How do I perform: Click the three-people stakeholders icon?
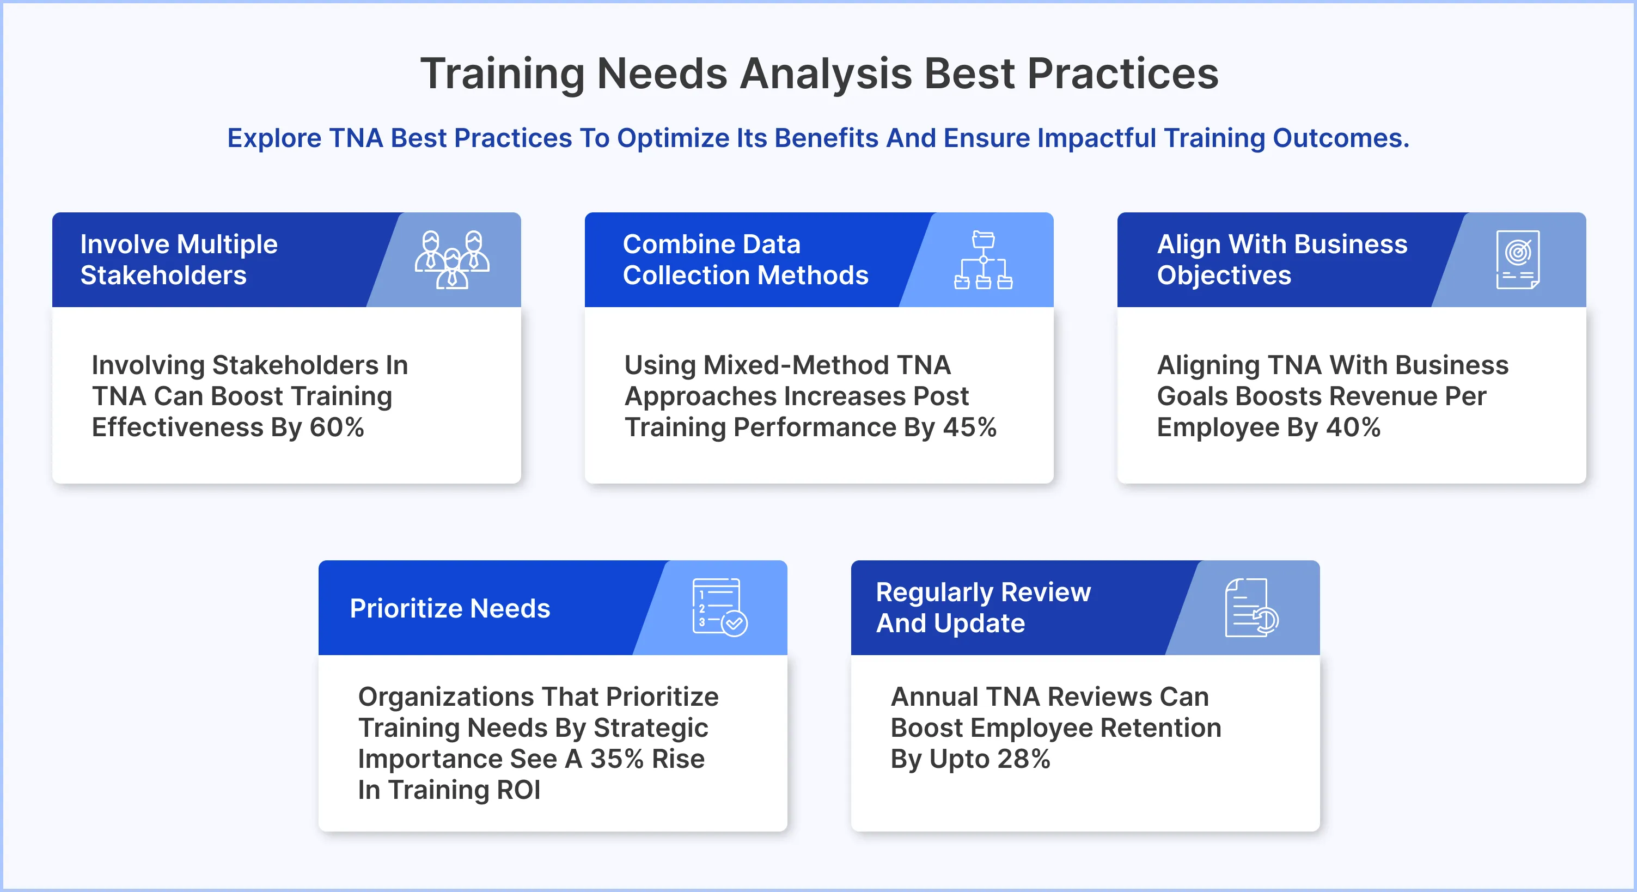pyautogui.click(x=452, y=260)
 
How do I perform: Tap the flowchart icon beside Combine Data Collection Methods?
pyautogui.click(x=983, y=260)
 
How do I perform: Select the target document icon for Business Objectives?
pyautogui.click(x=1518, y=260)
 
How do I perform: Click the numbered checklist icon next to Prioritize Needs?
pyautogui.click(x=719, y=607)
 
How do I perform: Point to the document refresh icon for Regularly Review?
pyautogui.click(x=1251, y=607)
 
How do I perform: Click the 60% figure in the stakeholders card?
pyautogui.click(x=337, y=427)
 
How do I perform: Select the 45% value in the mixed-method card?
pyautogui.click(x=970, y=427)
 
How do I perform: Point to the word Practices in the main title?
pyautogui.click(x=1123, y=74)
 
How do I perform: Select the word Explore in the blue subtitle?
pyautogui.click(x=274, y=138)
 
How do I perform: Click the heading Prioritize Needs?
pyautogui.click(x=450, y=609)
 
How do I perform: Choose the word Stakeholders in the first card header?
pyautogui.click(x=163, y=276)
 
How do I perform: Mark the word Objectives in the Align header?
pyautogui.click(x=1224, y=276)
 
